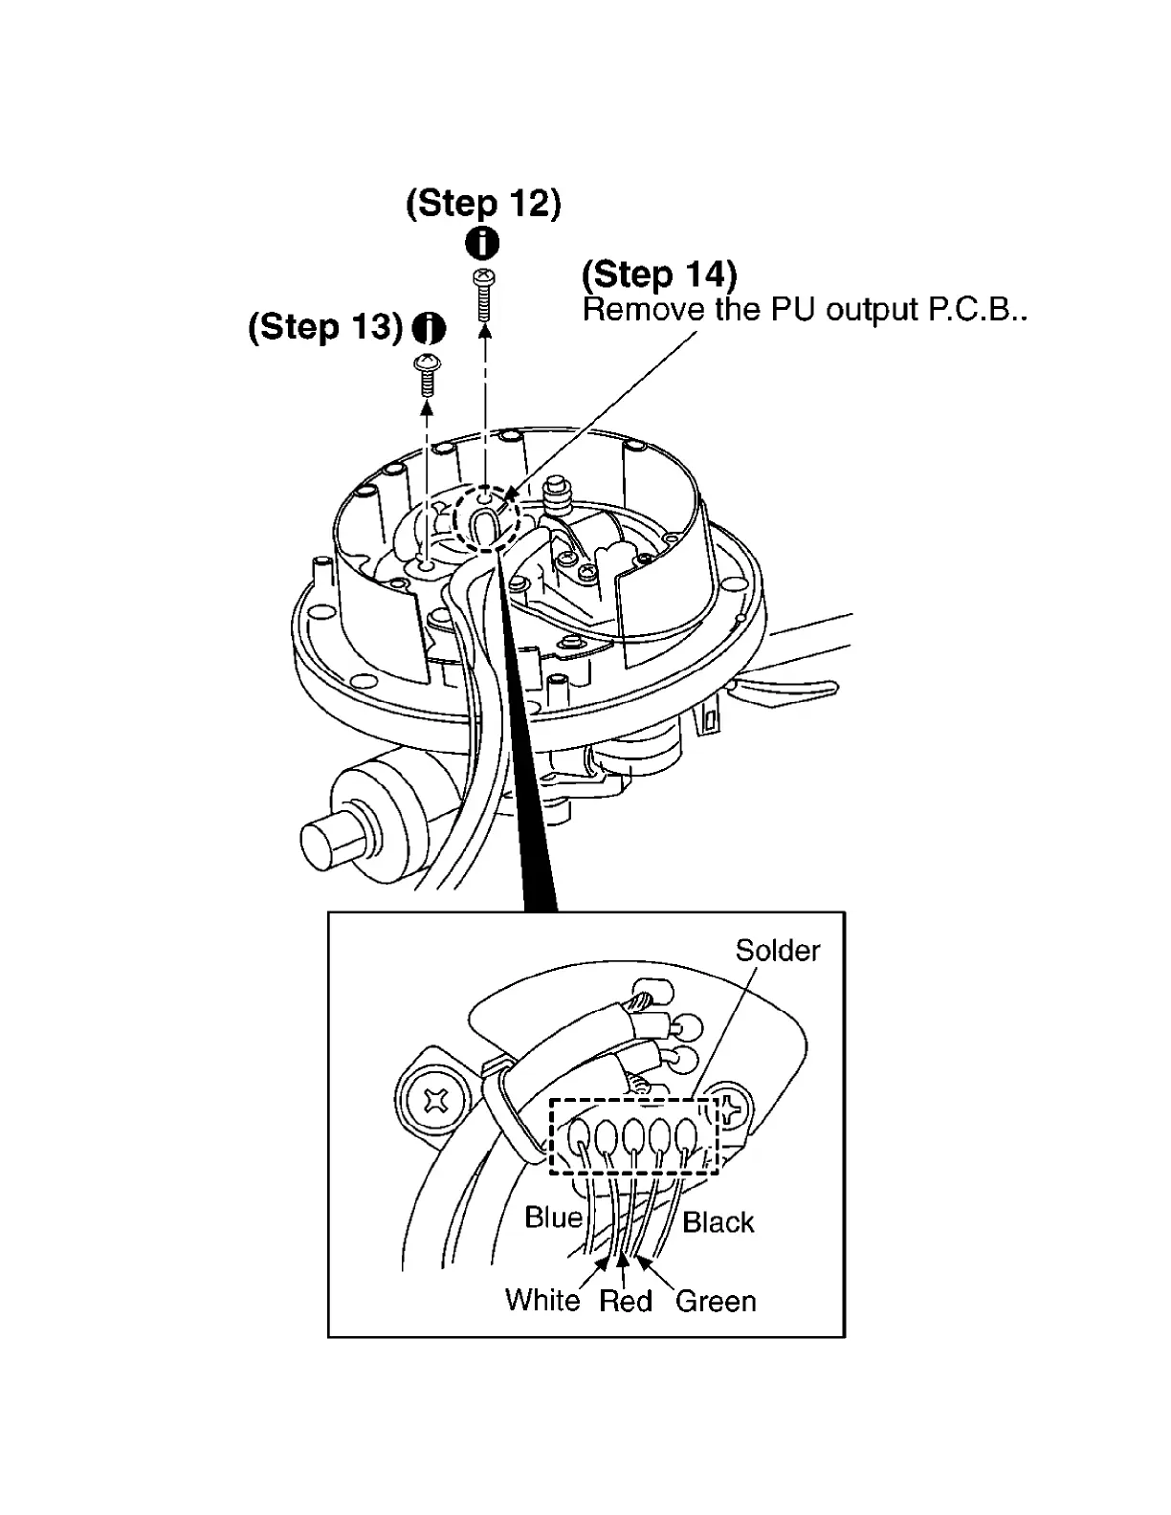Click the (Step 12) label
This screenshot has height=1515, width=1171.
tap(483, 204)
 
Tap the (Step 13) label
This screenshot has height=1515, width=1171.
tap(325, 328)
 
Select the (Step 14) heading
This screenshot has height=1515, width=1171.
tap(659, 275)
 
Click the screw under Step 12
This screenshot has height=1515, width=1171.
tap(484, 296)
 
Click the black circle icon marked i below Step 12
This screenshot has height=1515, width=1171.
tap(482, 243)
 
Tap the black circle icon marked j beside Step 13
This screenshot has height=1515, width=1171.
tap(429, 329)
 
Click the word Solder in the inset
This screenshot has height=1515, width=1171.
tap(777, 951)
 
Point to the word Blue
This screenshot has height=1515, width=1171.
tap(553, 1218)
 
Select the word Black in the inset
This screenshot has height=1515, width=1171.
tap(718, 1222)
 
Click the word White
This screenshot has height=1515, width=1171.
tap(542, 1301)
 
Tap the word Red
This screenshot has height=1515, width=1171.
tap(626, 1302)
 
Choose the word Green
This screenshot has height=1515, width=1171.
tap(716, 1302)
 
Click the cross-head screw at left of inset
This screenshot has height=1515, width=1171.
tap(437, 1103)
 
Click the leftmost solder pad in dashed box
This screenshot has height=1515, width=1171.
tap(580, 1136)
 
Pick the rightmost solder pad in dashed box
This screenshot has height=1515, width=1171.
tap(686, 1135)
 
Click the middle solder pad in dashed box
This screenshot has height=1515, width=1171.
tap(633, 1136)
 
